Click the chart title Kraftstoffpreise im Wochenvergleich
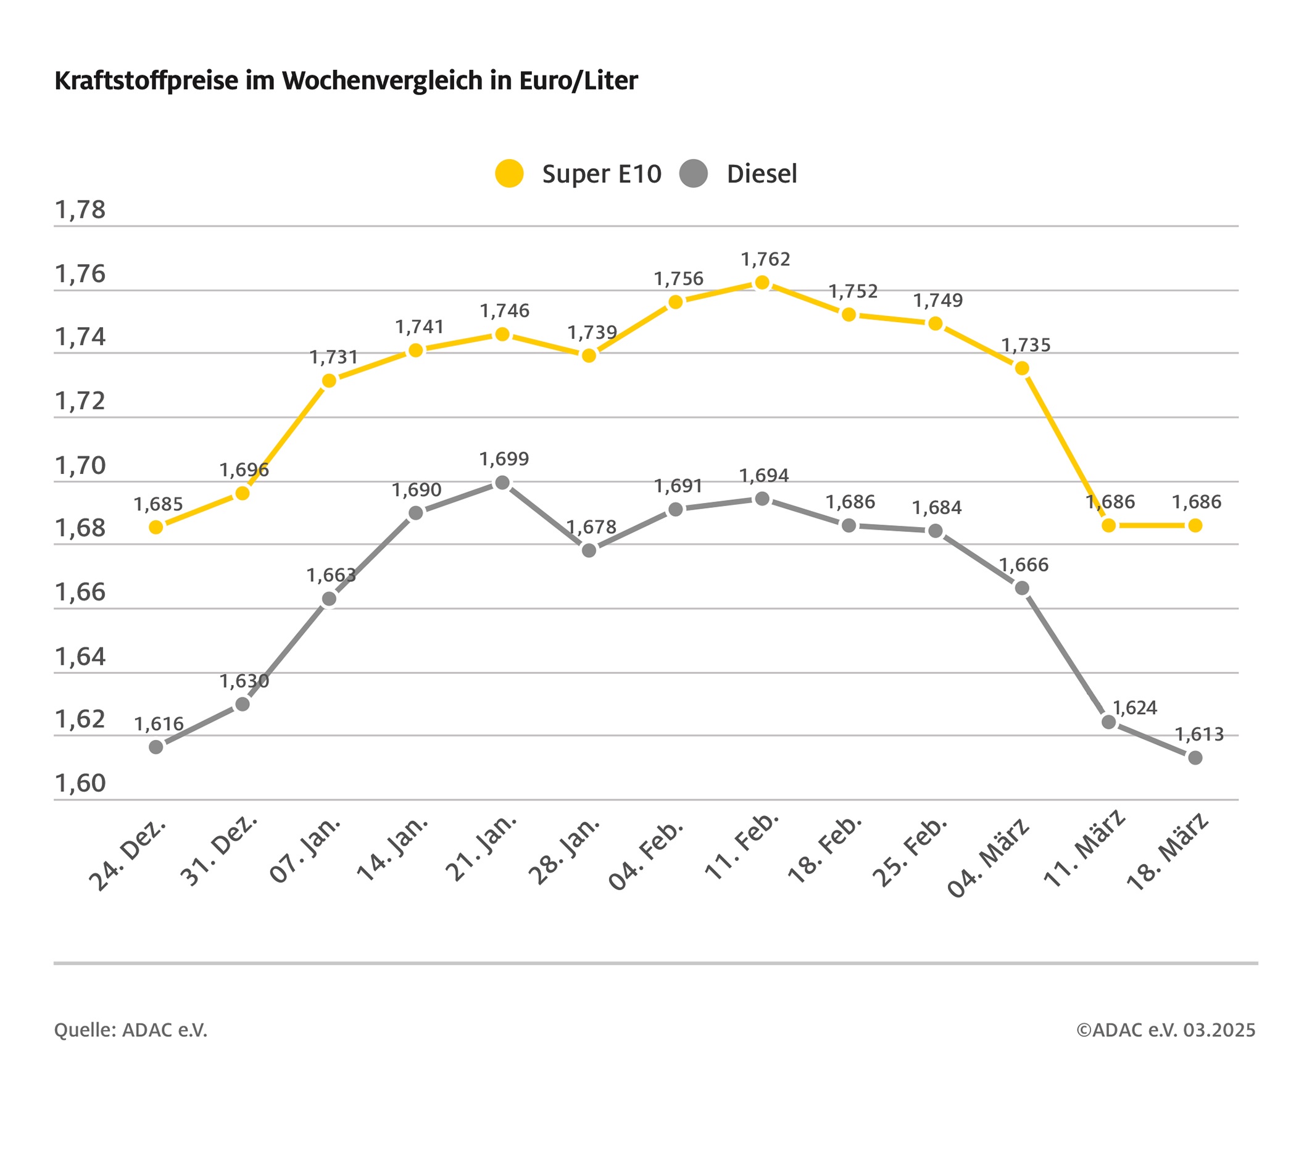pyautogui.click(x=346, y=81)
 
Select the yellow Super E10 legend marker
pyautogui.click(x=509, y=173)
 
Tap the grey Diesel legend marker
pyautogui.click(x=693, y=173)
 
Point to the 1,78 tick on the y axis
pyautogui.click(x=80, y=210)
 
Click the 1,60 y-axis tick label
pyautogui.click(x=80, y=783)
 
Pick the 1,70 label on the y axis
pyautogui.click(x=80, y=465)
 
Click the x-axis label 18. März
pyautogui.click(x=1168, y=852)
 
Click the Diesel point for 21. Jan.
pyautogui.click(x=502, y=483)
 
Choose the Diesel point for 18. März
pyautogui.click(x=1195, y=758)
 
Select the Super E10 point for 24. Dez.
pyautogui.click(x=156, y=527)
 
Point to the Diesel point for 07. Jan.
pyautogui.click(x=330, y=599)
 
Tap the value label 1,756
pyautogui.click(x=678, y=279)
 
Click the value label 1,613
pyautogui.click(x=1199, y=734)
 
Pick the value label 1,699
pyautogui.click(x=504, y=459)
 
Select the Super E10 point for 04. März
pyautogui.click(x=1023, y=368)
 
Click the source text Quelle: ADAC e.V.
pyautogui.click(x=131, y=1030)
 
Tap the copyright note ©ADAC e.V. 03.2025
pyautogui.click(x=1166, y=1030)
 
